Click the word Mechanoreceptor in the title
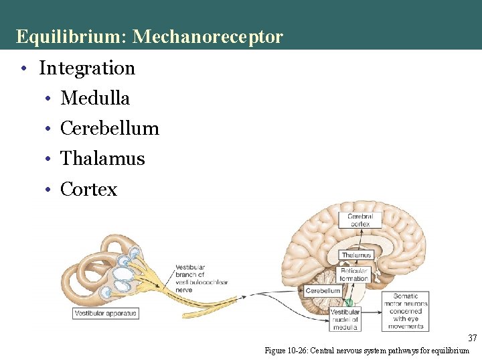[x=208, y=36]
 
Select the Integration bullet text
[x=87, y=68]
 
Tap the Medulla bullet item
[x=95, y=98]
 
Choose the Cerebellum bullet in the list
[x=110, y=128]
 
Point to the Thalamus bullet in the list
[x=102, y=158]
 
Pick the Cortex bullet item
[x=88, y=189]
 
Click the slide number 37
[x=472, y=338]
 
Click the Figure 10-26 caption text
[x=367, y=351]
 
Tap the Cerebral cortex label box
[x=360, y=220]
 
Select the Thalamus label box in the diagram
[x=355, y=255]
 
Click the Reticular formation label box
[x=353, y=274]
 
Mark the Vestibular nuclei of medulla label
[x=345, y=319]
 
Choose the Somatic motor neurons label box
[x=405, y=310]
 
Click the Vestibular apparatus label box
[x=105, y=313]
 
